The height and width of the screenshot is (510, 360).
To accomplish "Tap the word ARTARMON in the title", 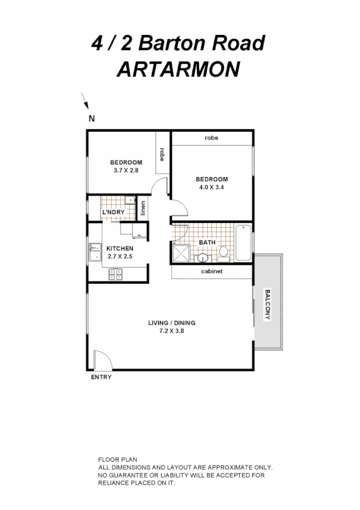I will [x=177, y=69].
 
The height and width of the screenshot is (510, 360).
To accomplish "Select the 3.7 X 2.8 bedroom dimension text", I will [x=126, y=171].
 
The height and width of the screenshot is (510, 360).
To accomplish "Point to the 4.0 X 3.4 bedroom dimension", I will [x=212, y=187].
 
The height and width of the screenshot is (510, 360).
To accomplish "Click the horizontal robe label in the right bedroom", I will [x=211, y=138].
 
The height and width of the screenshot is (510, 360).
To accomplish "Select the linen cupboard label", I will [x=143, y=208].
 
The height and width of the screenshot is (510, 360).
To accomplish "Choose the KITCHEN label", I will [x=120, y=248].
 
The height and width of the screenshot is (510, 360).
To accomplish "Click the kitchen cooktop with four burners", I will [x=115, y=274].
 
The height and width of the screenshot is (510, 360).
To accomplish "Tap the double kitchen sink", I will [x=94, y=251].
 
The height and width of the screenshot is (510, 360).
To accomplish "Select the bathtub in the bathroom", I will [x=243, y=242].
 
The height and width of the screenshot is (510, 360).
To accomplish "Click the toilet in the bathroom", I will [x=223, y=254].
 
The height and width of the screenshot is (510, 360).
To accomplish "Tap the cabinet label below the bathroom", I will [x=212, y=271].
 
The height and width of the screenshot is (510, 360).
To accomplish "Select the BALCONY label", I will [x=267, y=305].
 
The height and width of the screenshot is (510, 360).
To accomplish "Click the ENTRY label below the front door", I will [x=101, y=378].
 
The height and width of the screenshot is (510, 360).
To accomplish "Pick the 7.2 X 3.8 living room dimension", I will [x=172, y=330].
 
